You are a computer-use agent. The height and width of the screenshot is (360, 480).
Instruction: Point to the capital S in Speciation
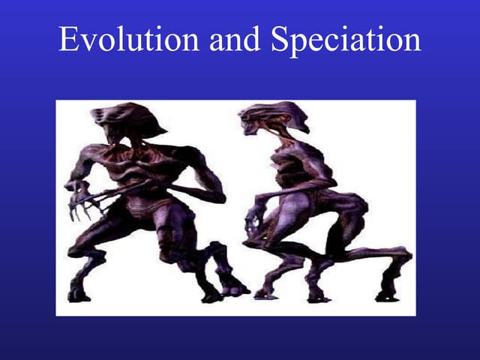[x=280, y=40]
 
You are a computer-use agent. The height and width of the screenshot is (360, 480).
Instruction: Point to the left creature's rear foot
[x=232, y=285]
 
